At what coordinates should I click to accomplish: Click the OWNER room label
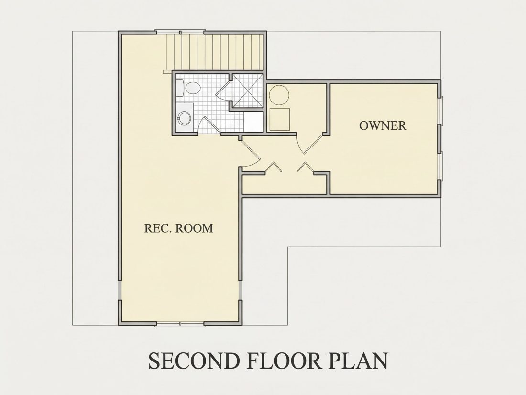(383, 125)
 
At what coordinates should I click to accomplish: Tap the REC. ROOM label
(179, 228)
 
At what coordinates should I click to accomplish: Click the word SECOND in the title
(194, 361)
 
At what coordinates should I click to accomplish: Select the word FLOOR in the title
(291, 361)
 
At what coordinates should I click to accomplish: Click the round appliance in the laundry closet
(279, 95)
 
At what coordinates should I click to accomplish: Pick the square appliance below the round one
(279, 119)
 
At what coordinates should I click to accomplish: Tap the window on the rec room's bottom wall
(180, 324)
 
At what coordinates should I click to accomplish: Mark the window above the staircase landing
(180, 33)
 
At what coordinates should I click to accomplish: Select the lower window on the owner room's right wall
(440, 166)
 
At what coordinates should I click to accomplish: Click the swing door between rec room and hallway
(250, 152)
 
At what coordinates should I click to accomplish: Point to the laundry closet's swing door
(310, 144)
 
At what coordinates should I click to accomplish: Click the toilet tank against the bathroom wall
(179, 88)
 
